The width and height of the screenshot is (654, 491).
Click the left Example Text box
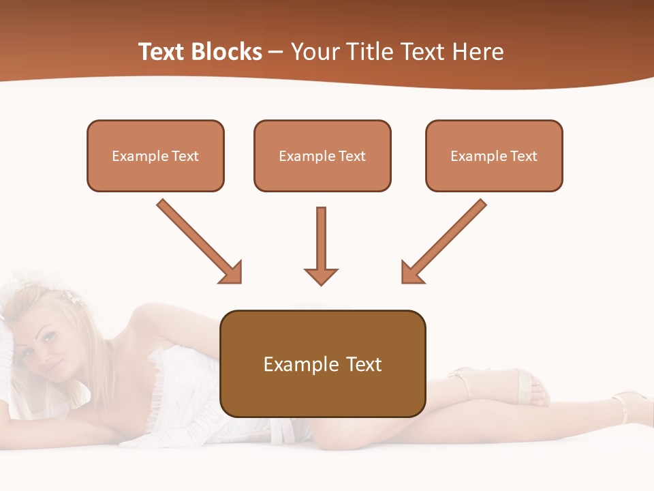click(x=155, y=155)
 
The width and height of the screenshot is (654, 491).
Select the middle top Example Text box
click(x=322, y=155)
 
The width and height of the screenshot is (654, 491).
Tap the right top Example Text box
click(x=494, y=155)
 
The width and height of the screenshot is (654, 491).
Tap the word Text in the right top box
click(x=523, y=156)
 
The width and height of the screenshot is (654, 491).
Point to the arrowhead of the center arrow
click(x=321, y=276)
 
